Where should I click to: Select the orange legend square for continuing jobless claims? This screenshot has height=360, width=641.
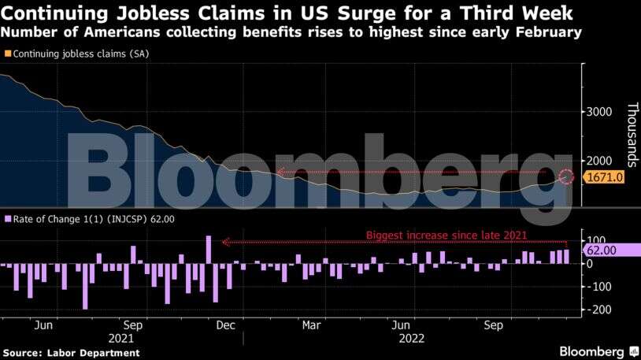click(8, 54)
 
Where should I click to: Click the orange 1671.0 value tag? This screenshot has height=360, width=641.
click(605, 178)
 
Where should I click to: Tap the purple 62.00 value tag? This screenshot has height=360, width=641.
click(610, 251)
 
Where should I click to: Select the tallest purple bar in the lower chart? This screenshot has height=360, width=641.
click(209, 250)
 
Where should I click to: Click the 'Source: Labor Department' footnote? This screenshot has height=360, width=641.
click(72, 353)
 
